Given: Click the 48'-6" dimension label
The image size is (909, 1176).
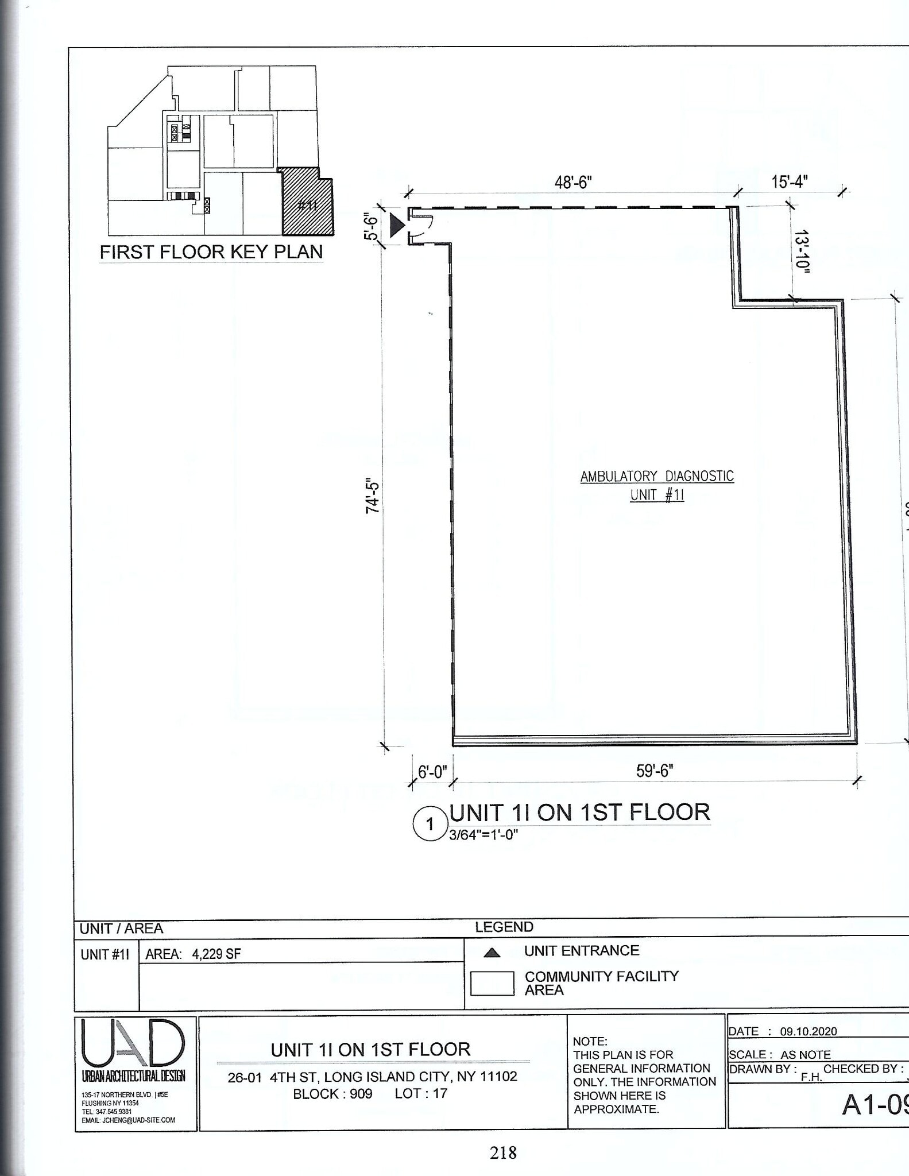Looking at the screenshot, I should (x=573, y=183).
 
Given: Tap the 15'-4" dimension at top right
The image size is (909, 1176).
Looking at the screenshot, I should (x=789, y=181).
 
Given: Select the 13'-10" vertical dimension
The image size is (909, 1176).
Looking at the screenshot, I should (x=803, y=252).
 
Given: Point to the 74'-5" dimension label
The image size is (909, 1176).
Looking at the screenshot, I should (x=373, y=497).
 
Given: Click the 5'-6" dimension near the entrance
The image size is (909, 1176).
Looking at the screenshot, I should (x=372, y=226).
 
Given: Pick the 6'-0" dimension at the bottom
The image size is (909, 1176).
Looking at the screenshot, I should (x=432, y=772).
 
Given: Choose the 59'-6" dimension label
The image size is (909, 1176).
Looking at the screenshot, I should (x=654, y=771).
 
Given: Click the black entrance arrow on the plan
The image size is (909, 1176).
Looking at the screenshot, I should (x=397, y=225).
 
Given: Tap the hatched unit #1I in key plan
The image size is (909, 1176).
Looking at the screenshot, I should (x=307, y=204).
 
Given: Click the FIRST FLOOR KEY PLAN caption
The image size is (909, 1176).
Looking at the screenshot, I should (x=211, y=252).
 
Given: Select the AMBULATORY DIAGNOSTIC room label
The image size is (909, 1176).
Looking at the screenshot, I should (x=657, y=477).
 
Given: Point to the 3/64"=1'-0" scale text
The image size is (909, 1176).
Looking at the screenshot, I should (x=483, y=834).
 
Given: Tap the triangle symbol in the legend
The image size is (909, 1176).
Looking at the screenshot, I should (x=492, y=953).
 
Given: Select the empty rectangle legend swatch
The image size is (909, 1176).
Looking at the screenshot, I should (x=492, y=983).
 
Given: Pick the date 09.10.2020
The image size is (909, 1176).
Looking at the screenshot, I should (x=808, y=1031).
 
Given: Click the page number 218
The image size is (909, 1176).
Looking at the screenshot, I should (x=503, y=1152).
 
